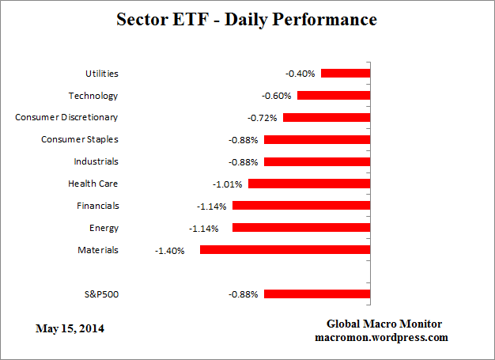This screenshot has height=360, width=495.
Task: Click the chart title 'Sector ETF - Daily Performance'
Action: (x=247, y=18)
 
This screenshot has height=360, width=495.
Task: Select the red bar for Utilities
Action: (x=345, y=74)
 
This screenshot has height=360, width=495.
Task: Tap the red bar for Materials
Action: (x=285, y=249)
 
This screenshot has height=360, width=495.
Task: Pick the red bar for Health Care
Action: (x=309, y=184)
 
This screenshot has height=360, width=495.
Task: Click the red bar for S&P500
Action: (x=317, y=294)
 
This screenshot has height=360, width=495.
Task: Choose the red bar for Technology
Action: (x=333, y=96)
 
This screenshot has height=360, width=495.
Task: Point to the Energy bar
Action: (x=301, y=228)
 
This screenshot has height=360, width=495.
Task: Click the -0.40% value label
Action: (x=300, y=74)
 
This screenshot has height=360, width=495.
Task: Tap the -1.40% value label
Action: (x=169, y=250)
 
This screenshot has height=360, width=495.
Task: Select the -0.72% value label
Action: (x=262, y=118)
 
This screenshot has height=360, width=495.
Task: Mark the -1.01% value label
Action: (x=227, y=184)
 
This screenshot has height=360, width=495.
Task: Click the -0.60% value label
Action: (x=278, y=96)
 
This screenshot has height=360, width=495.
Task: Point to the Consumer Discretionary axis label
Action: (x=66, y=117)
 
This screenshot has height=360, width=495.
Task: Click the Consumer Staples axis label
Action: (x=79, y=139)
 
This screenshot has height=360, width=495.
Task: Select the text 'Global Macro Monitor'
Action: (x=384, y=324)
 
